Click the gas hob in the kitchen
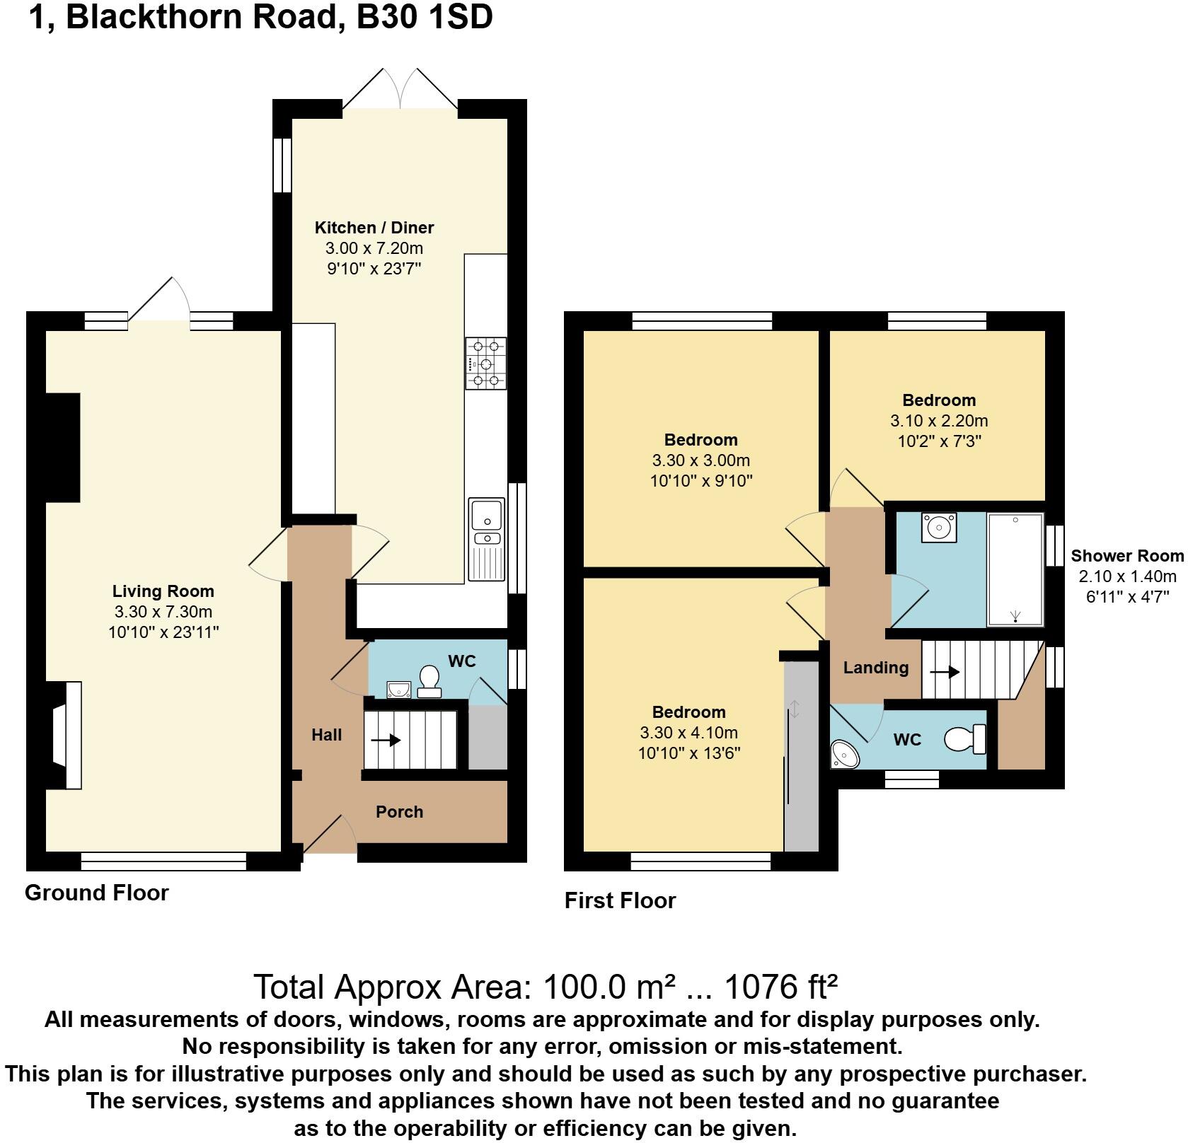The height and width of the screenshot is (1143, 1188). tap(485, 364)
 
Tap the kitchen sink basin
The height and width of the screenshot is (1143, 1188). tap(486, 514)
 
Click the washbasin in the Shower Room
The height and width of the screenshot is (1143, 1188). tap(939, 528)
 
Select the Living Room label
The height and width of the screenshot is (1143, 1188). tap(163, 591)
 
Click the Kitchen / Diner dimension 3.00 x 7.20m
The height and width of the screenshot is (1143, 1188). tap(374, 248)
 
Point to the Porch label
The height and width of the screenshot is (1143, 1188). tap(399, 812)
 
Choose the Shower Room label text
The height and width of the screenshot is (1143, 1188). tap(1126, 556)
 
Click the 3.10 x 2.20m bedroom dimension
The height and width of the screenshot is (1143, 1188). tap(938, 421)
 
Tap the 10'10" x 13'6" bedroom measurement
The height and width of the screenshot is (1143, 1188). tap(688, 753)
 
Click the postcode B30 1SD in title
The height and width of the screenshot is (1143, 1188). tap(424, 17)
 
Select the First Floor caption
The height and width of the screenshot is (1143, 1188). tap(620, 900)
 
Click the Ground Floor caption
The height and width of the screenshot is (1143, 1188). tap(97, 893)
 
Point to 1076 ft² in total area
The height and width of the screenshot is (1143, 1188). tap(781, 987)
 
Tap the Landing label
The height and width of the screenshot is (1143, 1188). tap(875, 668)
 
